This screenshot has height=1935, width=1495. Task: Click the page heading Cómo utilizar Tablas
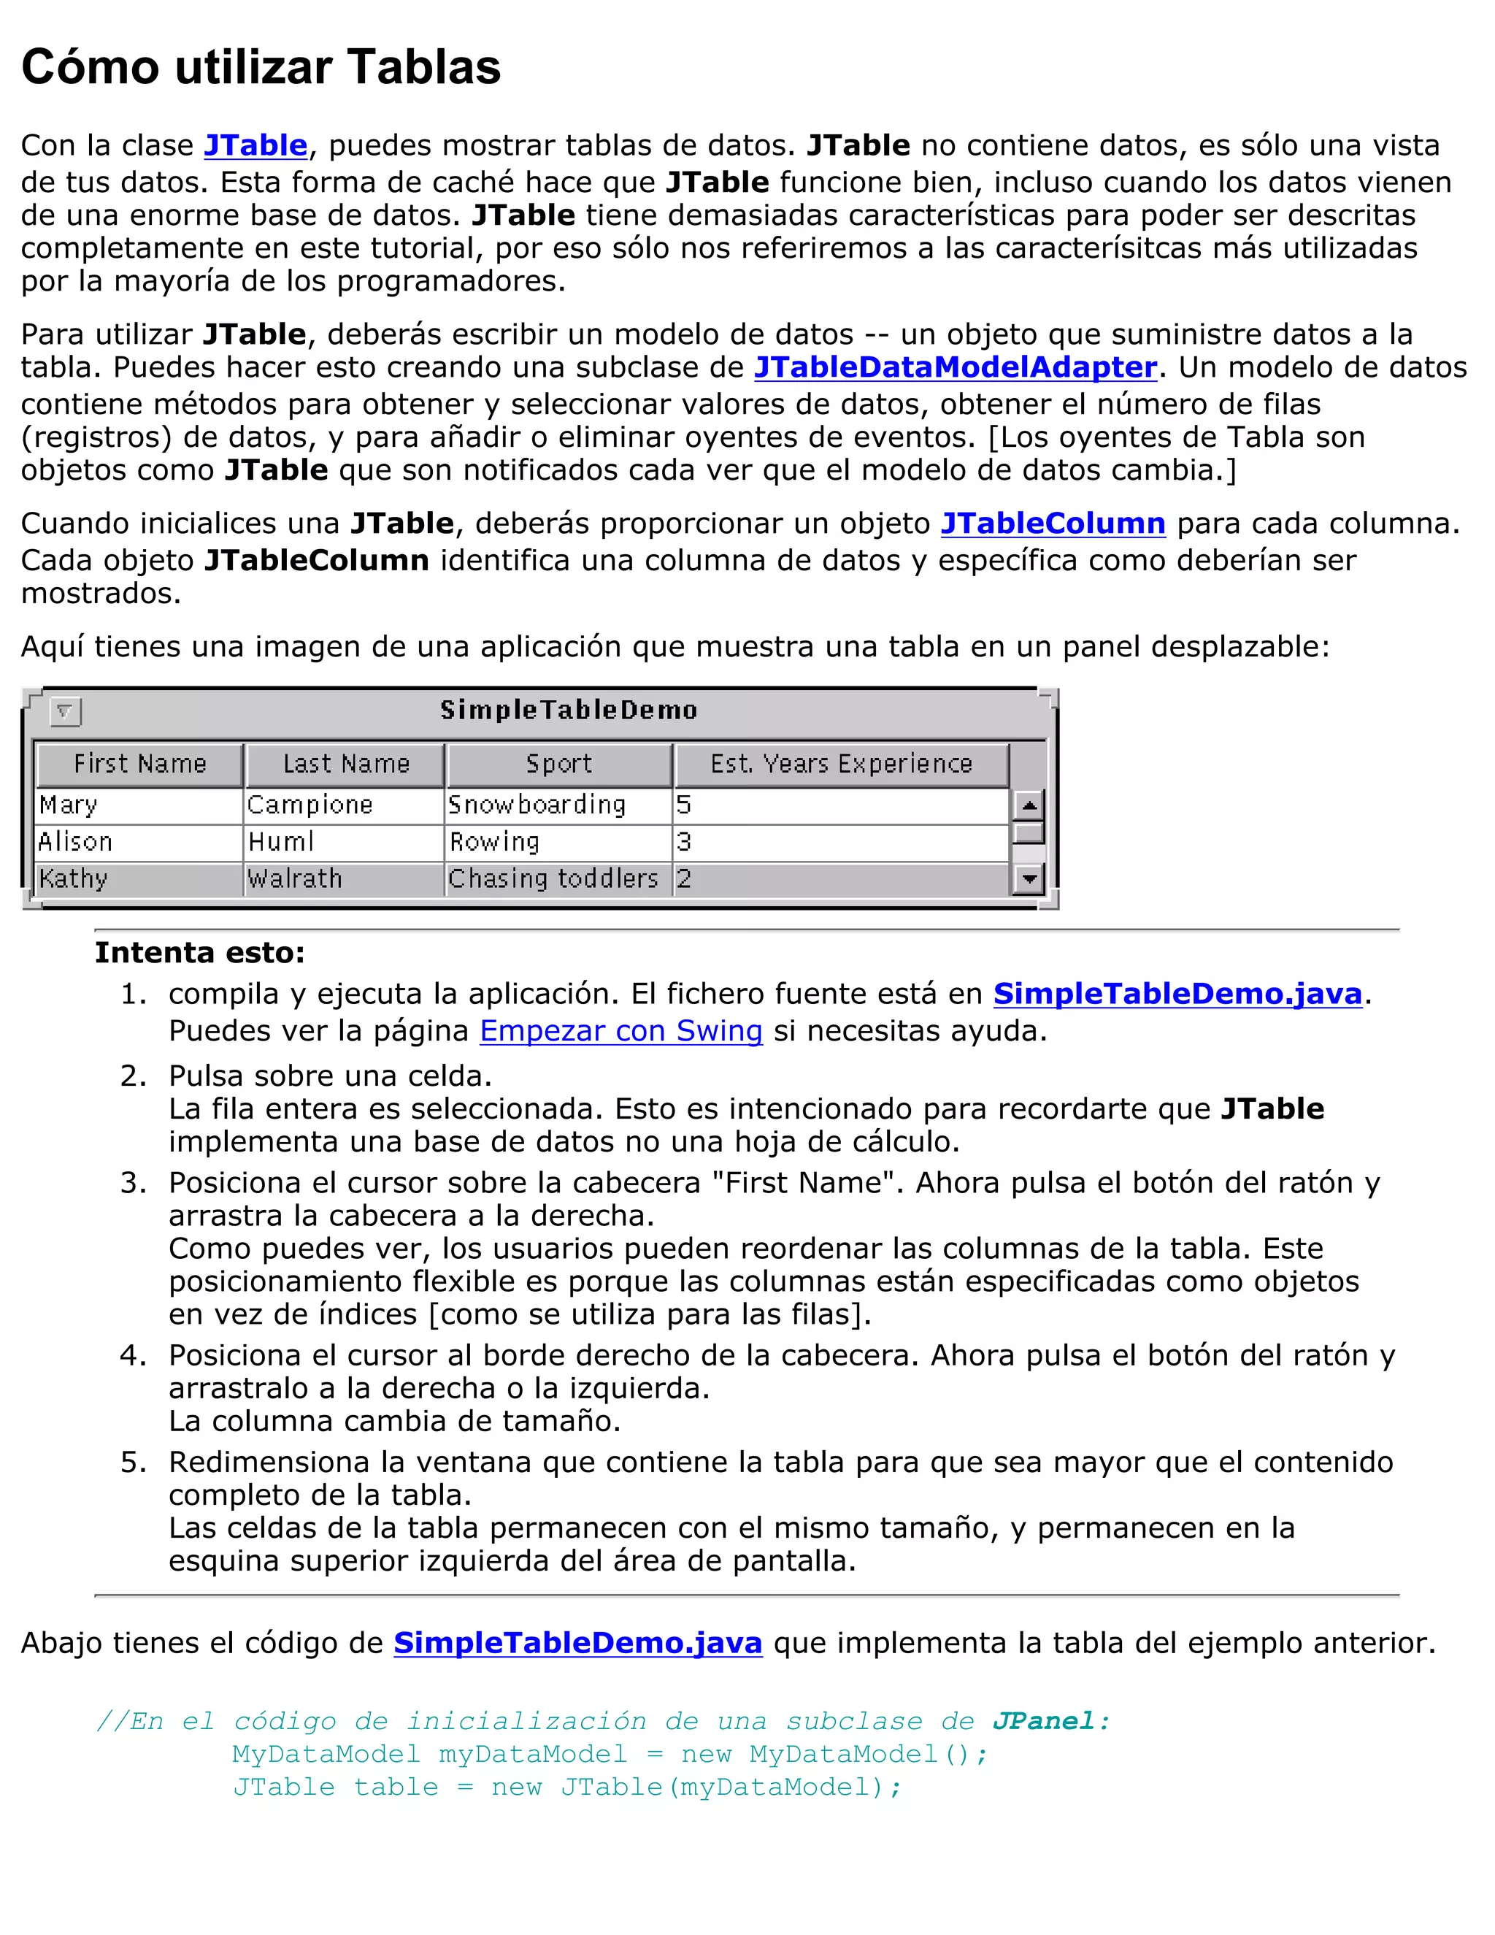pos(261,67)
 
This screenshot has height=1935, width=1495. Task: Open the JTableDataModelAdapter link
pos(955,367)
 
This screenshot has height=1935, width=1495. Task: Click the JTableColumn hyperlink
pos(1052,524)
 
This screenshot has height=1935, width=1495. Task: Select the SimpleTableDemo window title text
pos(569,710)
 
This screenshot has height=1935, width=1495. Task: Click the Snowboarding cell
pos(537,805)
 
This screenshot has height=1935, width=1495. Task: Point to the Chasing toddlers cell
pos(553,879)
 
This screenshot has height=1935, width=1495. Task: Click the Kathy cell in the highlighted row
pos(74,879)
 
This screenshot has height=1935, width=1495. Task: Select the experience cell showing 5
pos(684,805)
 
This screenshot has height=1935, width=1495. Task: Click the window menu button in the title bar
pos(66,710)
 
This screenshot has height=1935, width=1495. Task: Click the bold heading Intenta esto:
pos(199,952)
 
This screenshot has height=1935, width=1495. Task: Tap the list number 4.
pos(132,1354)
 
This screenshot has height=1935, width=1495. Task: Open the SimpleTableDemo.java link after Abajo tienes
pos(577,1643)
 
